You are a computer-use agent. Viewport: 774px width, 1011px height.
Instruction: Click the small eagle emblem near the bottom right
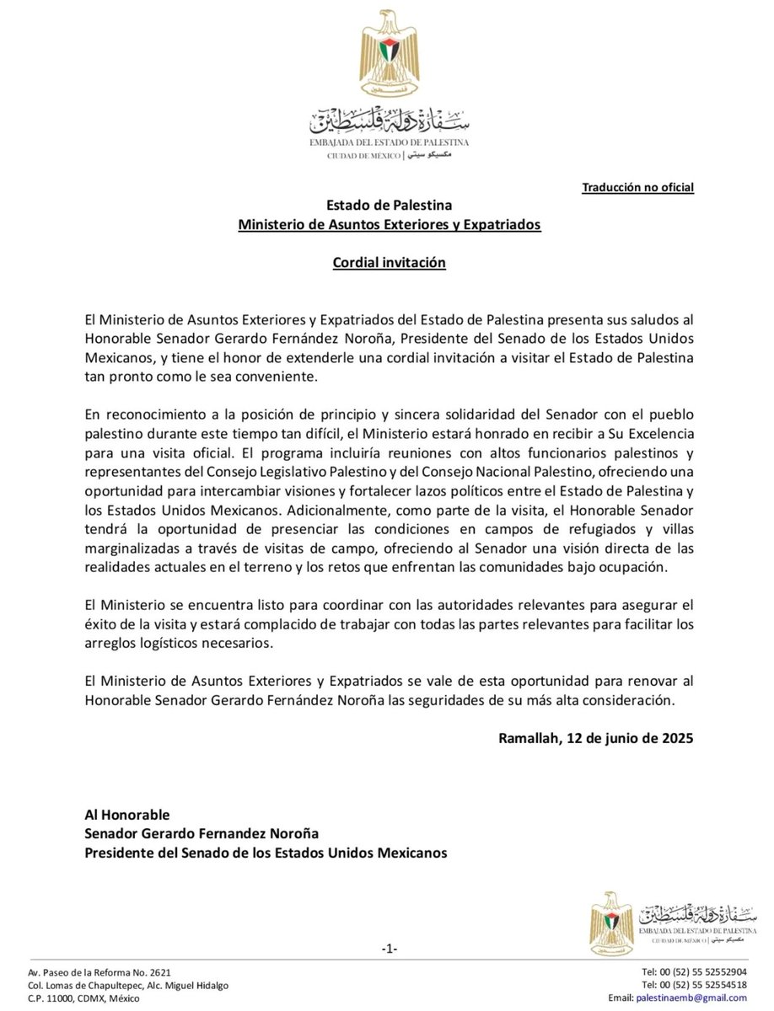(x=610, y=923)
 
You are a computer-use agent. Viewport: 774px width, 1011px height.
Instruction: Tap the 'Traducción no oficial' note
(x=637, y=187)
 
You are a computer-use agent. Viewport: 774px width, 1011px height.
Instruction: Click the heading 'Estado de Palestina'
(x=389, y=205)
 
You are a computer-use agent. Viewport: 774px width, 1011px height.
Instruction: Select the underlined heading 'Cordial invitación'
(x=389, y=263)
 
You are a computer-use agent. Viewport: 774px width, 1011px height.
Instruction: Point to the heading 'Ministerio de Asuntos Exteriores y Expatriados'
(x=389, y=225)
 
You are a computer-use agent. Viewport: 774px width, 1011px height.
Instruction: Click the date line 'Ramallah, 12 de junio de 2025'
(x=596, y=738)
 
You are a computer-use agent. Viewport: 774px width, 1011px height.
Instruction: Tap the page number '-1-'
(x=389, y=949)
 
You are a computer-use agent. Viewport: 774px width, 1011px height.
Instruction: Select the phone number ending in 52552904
(x=693, y=971)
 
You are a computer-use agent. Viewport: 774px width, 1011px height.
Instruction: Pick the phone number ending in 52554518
(x=693, y=984)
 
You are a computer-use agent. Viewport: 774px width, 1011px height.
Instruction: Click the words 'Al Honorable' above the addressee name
(x=127, y=814)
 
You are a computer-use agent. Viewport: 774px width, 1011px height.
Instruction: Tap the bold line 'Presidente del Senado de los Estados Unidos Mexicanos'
(x=266, y=853)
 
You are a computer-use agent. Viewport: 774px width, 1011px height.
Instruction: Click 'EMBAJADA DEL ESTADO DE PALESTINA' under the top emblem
(x=389, y=143)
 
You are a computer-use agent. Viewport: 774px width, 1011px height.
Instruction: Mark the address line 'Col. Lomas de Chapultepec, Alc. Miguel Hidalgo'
(x=127, y=985)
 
